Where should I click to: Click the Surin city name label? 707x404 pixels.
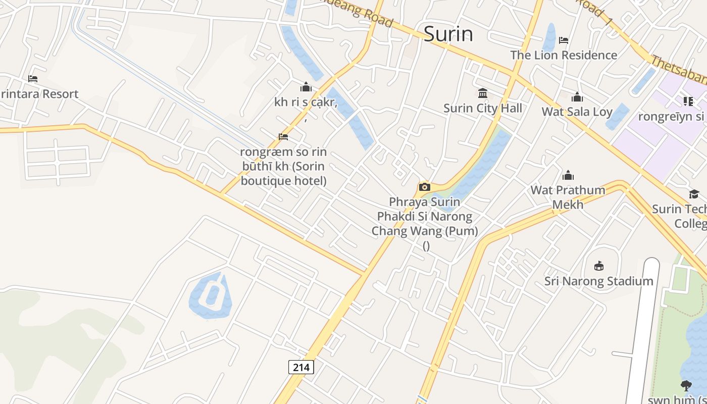coord(448,34)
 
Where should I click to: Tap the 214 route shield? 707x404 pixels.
coord(301,367)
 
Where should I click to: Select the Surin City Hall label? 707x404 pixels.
coord(482,108)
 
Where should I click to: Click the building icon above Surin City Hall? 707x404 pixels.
coord(482,93)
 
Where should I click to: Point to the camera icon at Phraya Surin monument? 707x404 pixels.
coord(424,187)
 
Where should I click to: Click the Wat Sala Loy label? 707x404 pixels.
coord(577,112)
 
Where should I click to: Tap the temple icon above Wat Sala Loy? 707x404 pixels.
coord(577,97)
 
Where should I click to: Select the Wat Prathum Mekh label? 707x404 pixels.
coord(568,197)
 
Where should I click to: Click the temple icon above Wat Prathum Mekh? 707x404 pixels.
coord(568,175)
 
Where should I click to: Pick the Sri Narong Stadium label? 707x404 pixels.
coord(598,281)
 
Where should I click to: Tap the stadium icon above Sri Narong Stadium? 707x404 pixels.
coord(599,266)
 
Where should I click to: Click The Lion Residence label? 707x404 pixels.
coord(564,55)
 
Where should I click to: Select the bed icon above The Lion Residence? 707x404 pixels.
coord(564,40)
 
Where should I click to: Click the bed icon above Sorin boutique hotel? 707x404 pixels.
coord(283,137)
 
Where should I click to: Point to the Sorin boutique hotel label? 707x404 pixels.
coord(283,166)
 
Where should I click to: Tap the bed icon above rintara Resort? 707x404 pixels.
coord(33,79)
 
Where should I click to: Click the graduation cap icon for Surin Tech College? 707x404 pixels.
coord(694,194)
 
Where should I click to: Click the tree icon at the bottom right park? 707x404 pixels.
coord(686,386)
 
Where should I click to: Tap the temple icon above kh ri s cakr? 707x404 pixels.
coord(306,87)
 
